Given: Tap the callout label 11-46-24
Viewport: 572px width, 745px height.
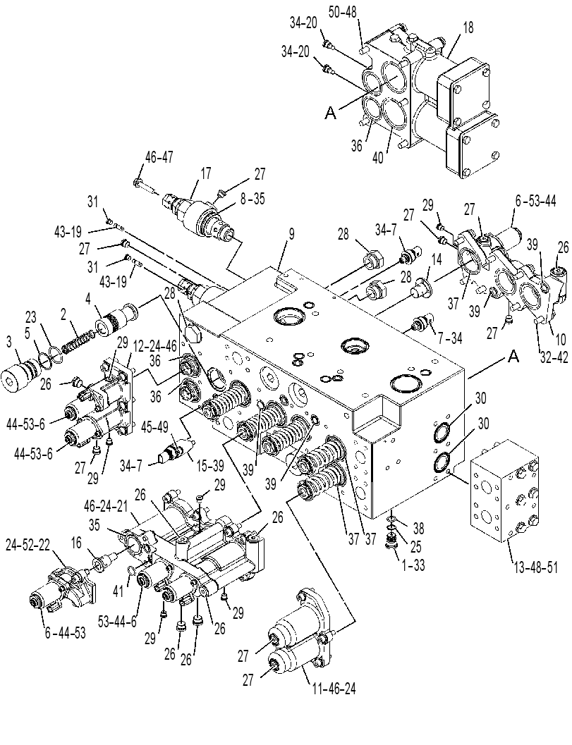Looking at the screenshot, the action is click(x=334, y=687).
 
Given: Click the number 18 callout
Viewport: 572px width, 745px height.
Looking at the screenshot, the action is click(x=468, y=27).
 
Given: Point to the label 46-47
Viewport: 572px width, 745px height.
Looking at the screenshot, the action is click(x=159, y=157).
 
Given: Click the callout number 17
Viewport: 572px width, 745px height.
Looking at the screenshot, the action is click(x=205, y=173).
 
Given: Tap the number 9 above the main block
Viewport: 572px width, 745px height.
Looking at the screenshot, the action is click(x=291, y=234).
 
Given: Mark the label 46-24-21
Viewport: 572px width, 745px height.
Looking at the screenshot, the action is click(x=107, y=505).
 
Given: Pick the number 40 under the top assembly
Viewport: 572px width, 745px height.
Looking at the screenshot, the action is click(x=378, y=158).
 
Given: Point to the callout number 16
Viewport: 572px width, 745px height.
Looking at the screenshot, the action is click(x=76, y=541).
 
